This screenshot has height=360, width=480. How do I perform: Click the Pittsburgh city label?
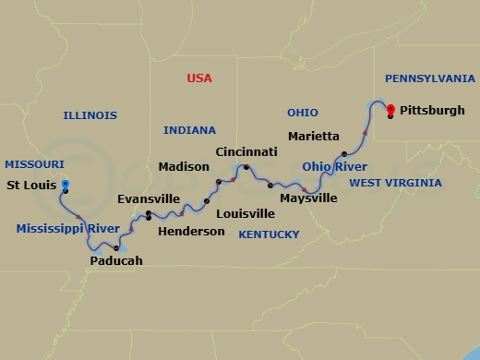pyautogui.click(x=431, y=110)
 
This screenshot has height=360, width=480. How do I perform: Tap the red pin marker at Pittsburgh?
pyautogui.click(x=390, y=110)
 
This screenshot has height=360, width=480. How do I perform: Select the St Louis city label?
pyautogui.click(x=32, y=185)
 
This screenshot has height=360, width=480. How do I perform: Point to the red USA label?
pyautogui.click(x=198, y=78)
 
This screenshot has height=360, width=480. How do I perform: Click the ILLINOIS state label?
pyautogui.click(x=90, y=115)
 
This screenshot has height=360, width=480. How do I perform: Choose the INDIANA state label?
pyautogui.click(x=189, y=130)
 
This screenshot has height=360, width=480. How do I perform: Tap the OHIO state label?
pyautogui.click(x=302, y=113)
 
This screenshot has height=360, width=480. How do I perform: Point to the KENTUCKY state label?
pyautogui.click(x=269, y=234)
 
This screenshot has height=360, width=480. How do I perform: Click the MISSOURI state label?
pyautogui.click(x=34, y=163)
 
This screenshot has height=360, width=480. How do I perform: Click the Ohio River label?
pyautogui.click(x=334, y=167)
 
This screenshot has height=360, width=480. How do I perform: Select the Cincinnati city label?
pyautogui.click(x=246, y=150)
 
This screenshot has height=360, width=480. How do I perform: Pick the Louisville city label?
pyautogui.click(x=245, y=213)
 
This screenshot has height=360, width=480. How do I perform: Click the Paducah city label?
pyautogui.click(x=116, y=261)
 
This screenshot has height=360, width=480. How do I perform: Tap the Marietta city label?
pyautogui.click(x=313, y=136)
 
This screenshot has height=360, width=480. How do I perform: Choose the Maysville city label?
pyautogui.click(x=308, y=198)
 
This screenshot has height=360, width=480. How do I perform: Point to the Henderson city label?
pyautogui.click(x=191, y=231)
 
